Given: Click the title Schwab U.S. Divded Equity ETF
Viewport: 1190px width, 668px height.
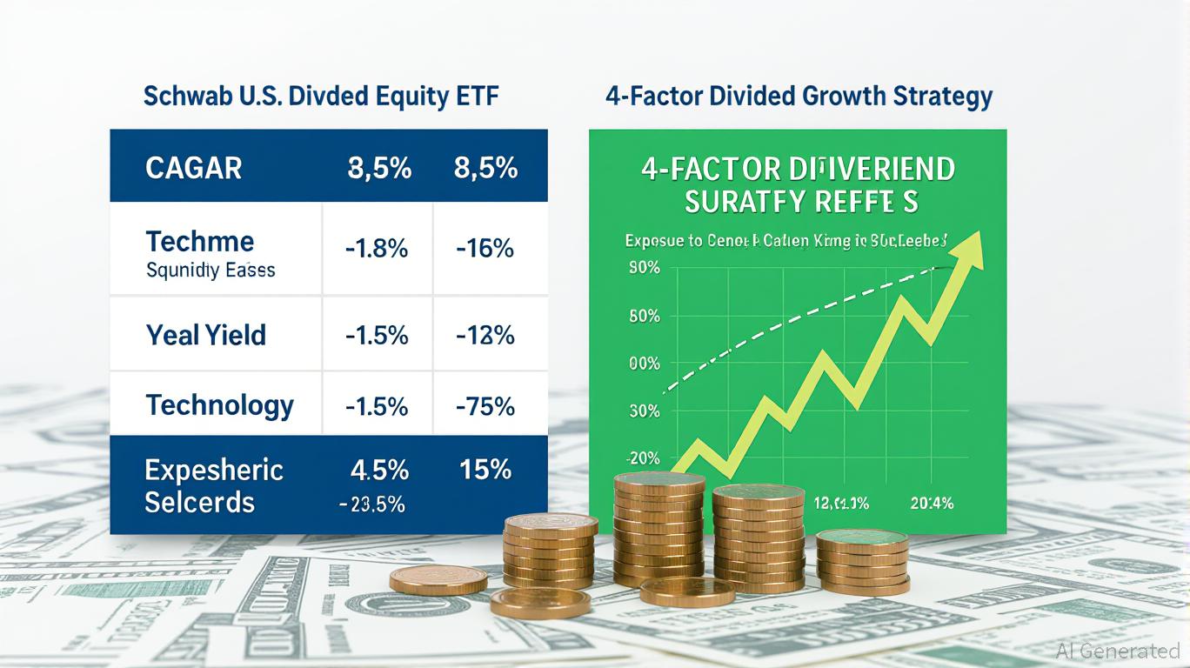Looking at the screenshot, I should [x=321, y=97].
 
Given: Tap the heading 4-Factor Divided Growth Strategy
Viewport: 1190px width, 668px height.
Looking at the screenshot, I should [x=799, y=97].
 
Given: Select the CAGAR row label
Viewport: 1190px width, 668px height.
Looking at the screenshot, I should [x=193, y=167].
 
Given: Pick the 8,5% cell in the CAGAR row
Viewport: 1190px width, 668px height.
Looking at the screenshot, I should [x=485, y=167].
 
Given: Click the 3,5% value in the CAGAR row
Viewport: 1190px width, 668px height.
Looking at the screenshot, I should [x=379, y=167].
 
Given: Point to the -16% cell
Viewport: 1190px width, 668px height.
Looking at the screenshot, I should [x=485, y=249].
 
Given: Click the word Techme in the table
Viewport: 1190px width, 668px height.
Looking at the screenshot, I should [x=200, y=241].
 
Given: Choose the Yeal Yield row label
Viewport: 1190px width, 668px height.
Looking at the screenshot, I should [x=206, y=335].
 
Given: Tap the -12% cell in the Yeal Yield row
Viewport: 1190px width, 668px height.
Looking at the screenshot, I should [x=485, y=335].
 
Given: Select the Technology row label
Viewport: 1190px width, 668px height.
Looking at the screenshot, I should [x=220, y=405].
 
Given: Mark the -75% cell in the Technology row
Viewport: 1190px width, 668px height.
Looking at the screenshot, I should [x=485, y=406].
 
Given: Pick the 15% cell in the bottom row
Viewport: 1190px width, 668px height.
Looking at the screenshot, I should [x=485, y=470].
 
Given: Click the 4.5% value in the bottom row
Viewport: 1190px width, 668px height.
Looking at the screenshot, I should [x=379, y=470].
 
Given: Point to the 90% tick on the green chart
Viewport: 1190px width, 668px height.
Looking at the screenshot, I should [x=645, y=269].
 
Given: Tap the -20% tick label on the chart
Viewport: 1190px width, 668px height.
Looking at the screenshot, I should [x=643, y=458].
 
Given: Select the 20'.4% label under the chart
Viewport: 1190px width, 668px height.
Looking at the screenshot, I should [x=930, y=502].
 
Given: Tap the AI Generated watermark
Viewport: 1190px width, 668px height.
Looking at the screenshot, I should [x=1118, y=651].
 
